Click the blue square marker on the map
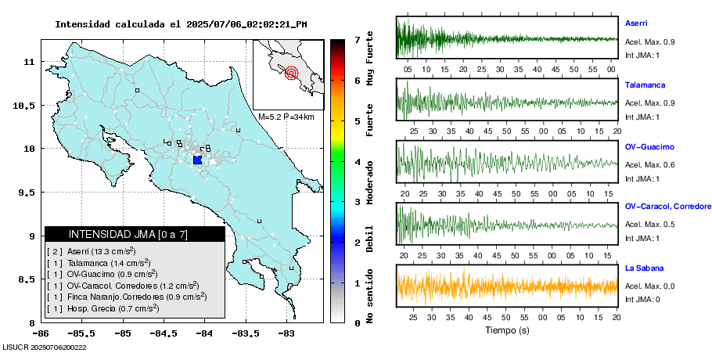(x=197, y=160)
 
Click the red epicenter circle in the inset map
(x=291, y=74)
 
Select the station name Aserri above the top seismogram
(x=635, y=23)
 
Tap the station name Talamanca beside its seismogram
(x=642, y=83)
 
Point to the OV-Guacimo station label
(x=649, y=146)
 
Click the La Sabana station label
(x=642, y=268)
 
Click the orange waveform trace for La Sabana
(x=507, y=286)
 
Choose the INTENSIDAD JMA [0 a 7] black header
(x=135, y=234)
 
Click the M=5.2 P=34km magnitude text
(x=286, y=117)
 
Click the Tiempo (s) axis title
(x=507, y=330)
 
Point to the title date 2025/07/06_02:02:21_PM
(x=246, y=24)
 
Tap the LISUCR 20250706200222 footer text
(x=45, y=347)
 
